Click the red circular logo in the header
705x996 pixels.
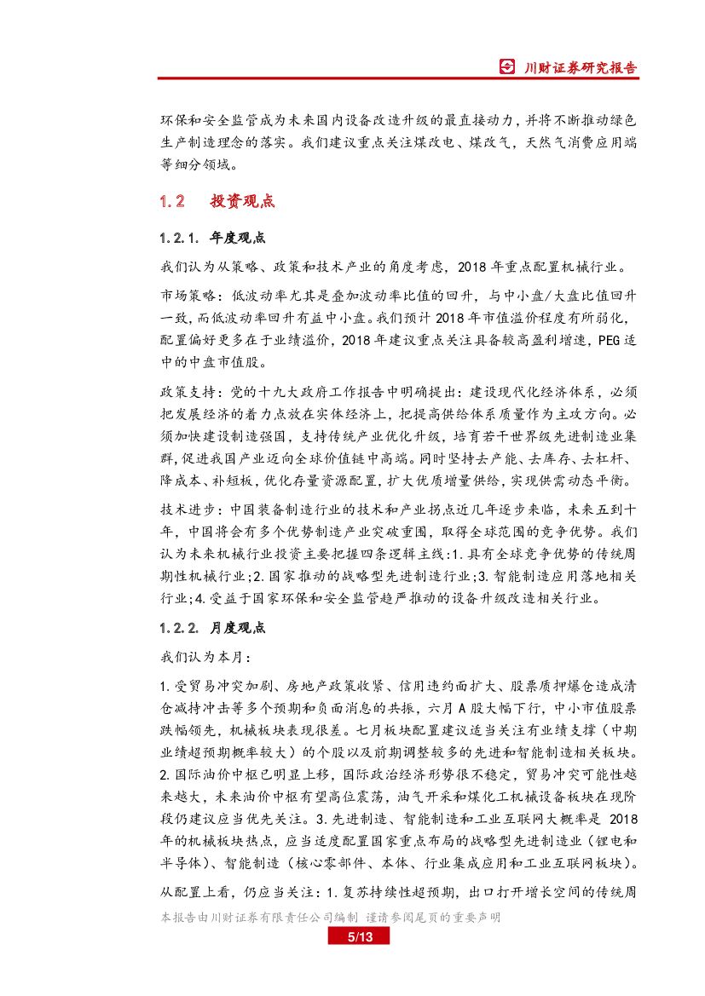[x=507, y=67]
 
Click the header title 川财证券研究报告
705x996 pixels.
[x=580, y=67]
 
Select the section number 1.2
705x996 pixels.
[x=172, y=202]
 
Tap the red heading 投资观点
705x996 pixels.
[x=242, y=202]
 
